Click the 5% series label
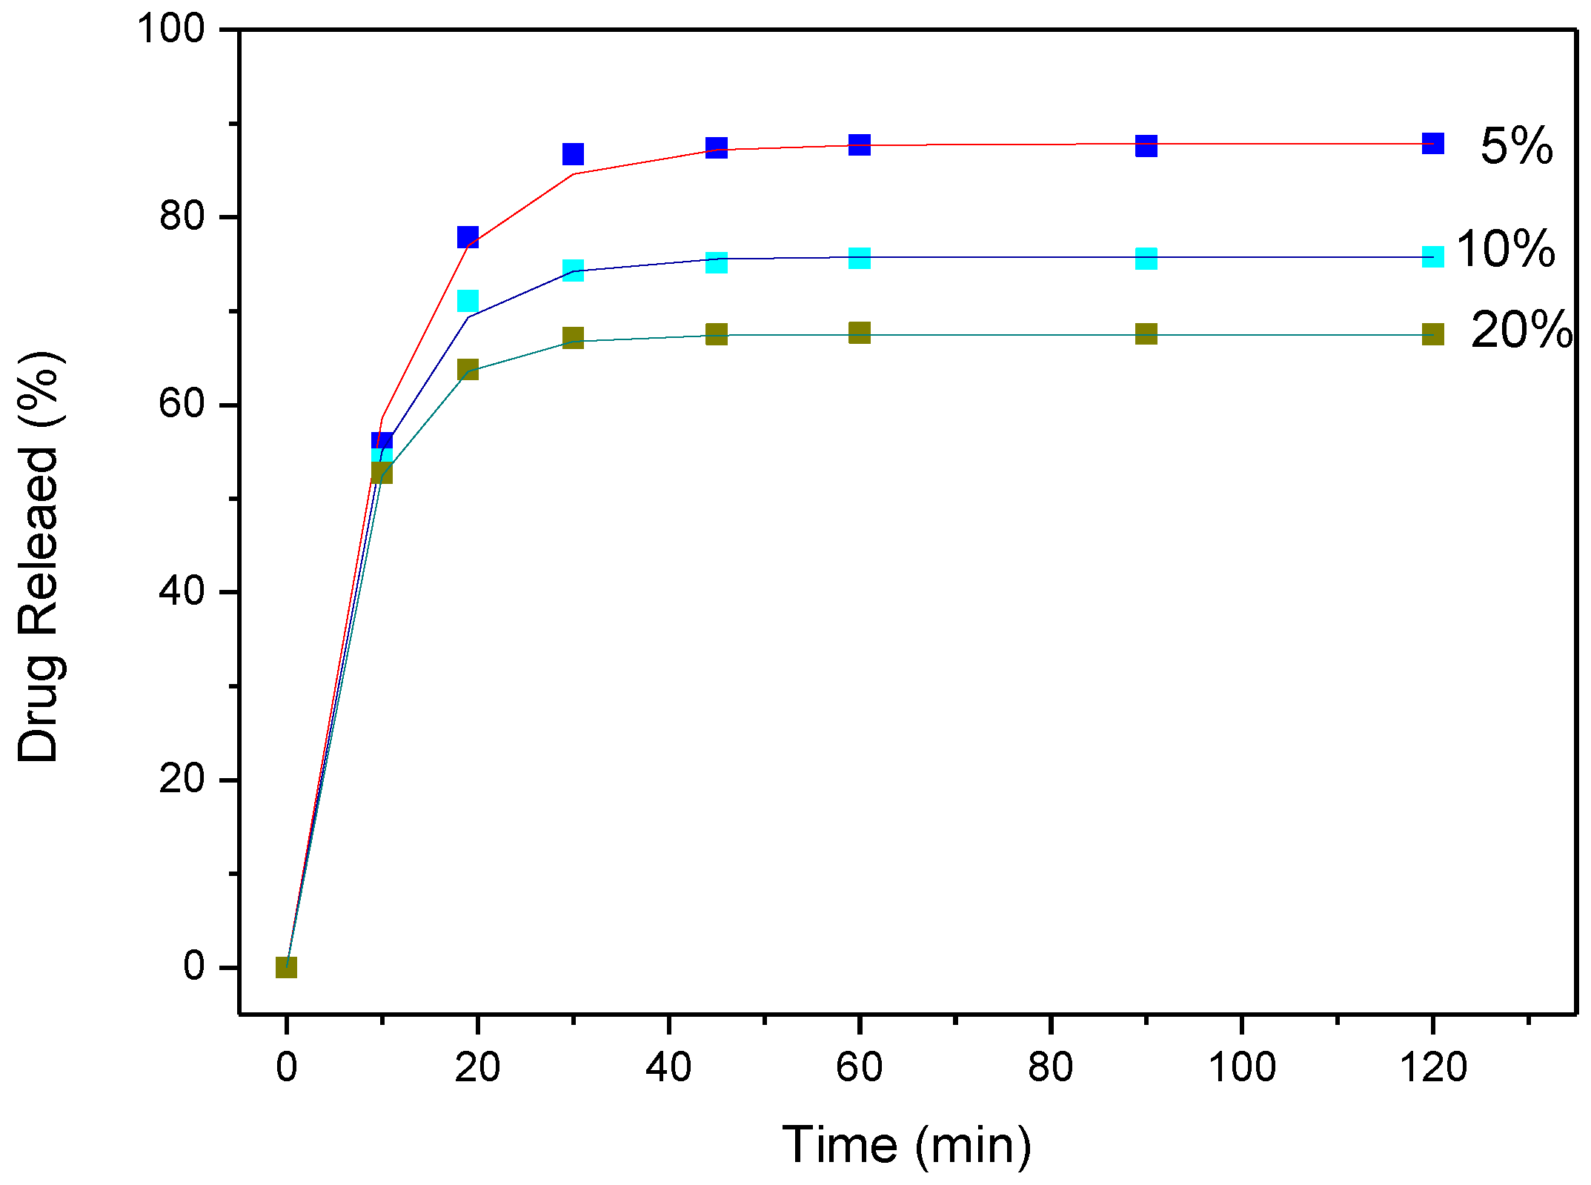(x=1515, y=146)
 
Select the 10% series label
(x=1505, y=249)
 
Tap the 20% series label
(x=1521, y=330)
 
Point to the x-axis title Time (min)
(x=906, y=1145)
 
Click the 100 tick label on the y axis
(x=170, y=30)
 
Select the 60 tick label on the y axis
(x=182, y=404)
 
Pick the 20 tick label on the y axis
(x=182, y=779)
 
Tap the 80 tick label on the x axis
(x=1050, y=1068)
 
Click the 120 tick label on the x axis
(x=1432, y=1068)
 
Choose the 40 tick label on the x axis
(x=668, y=1068)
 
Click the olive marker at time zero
(x=286, y=967)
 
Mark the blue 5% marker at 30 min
(x=573, y=154)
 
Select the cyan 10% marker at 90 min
(x=1146, y=259)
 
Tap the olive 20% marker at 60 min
(x=859, y=332)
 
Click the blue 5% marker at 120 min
(x=1432, y=143)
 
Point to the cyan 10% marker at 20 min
(x=468, y=301)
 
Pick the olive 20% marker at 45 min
(x=716, y=334)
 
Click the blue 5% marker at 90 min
(x=1146, y=146)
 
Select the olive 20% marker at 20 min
(x=468, y=369)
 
